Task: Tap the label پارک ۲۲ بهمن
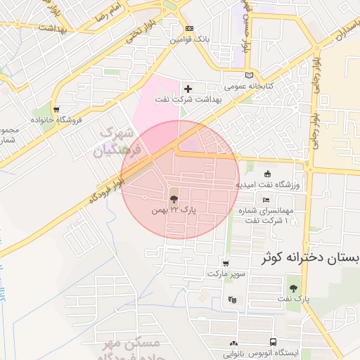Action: (174, 210)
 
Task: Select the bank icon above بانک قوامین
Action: (188, 29)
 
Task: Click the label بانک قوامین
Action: (188, 39)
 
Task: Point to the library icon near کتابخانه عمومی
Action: (248, 76)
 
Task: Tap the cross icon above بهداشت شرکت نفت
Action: (187, 89)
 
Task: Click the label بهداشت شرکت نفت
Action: (188, 100)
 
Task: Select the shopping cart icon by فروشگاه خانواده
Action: (56, 109)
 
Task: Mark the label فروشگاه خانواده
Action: (56, 120)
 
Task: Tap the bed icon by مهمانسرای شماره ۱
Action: (266, 200)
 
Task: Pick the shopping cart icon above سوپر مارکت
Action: (225, 263)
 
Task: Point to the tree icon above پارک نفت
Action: (292, 288)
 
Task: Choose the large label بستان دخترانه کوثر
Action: (310, 257)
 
